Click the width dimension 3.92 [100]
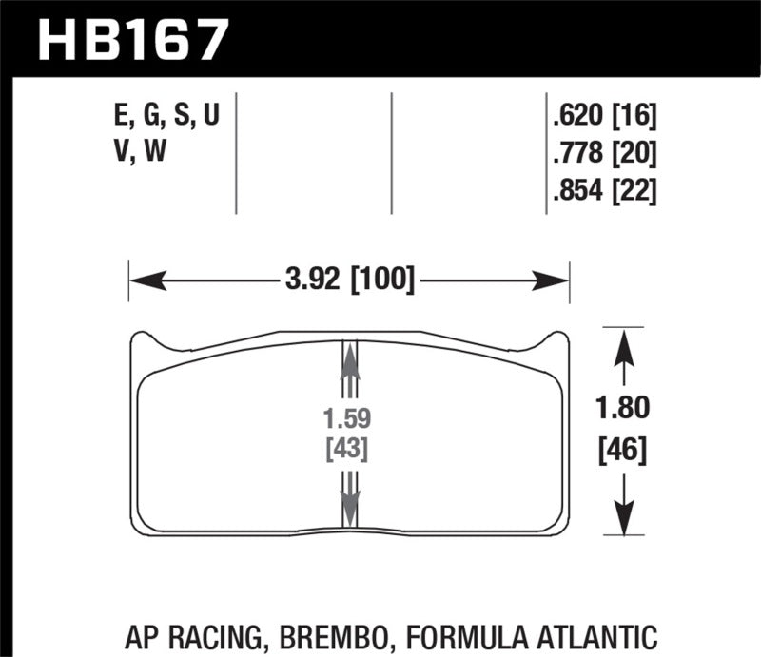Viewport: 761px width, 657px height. [348, 280]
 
